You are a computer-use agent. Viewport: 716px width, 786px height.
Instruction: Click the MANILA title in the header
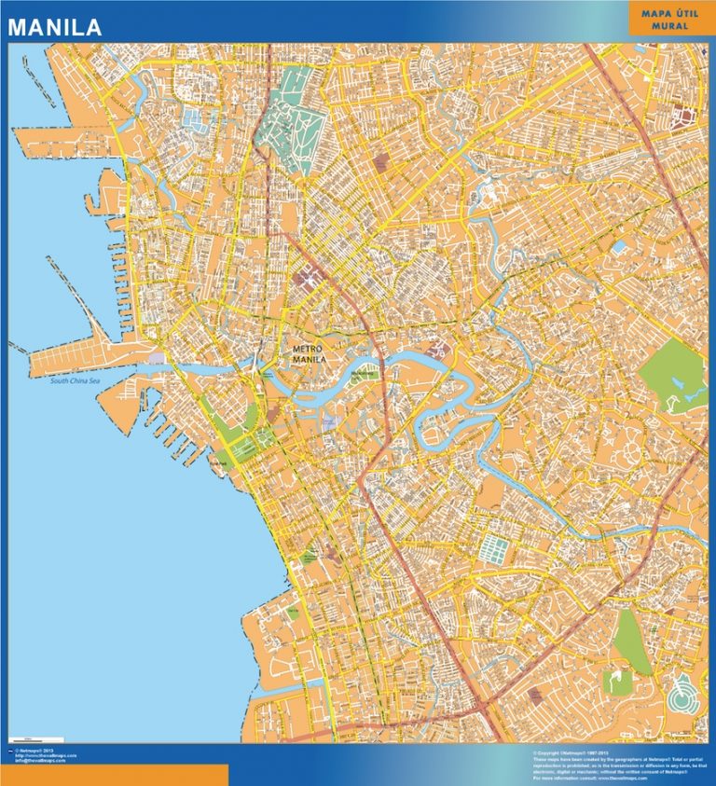tap(55, 28)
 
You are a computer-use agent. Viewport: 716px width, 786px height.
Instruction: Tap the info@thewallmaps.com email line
tap(42, 761)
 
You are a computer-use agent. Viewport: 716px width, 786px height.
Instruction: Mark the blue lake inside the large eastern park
tap(692, 394)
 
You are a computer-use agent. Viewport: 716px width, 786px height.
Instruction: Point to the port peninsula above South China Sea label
tap(84, 358)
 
